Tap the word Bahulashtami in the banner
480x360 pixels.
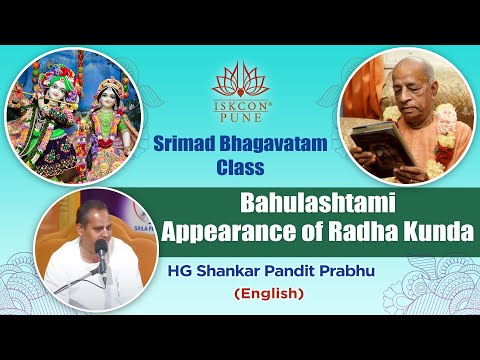coord(319,200)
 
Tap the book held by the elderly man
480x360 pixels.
coord(381,139)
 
